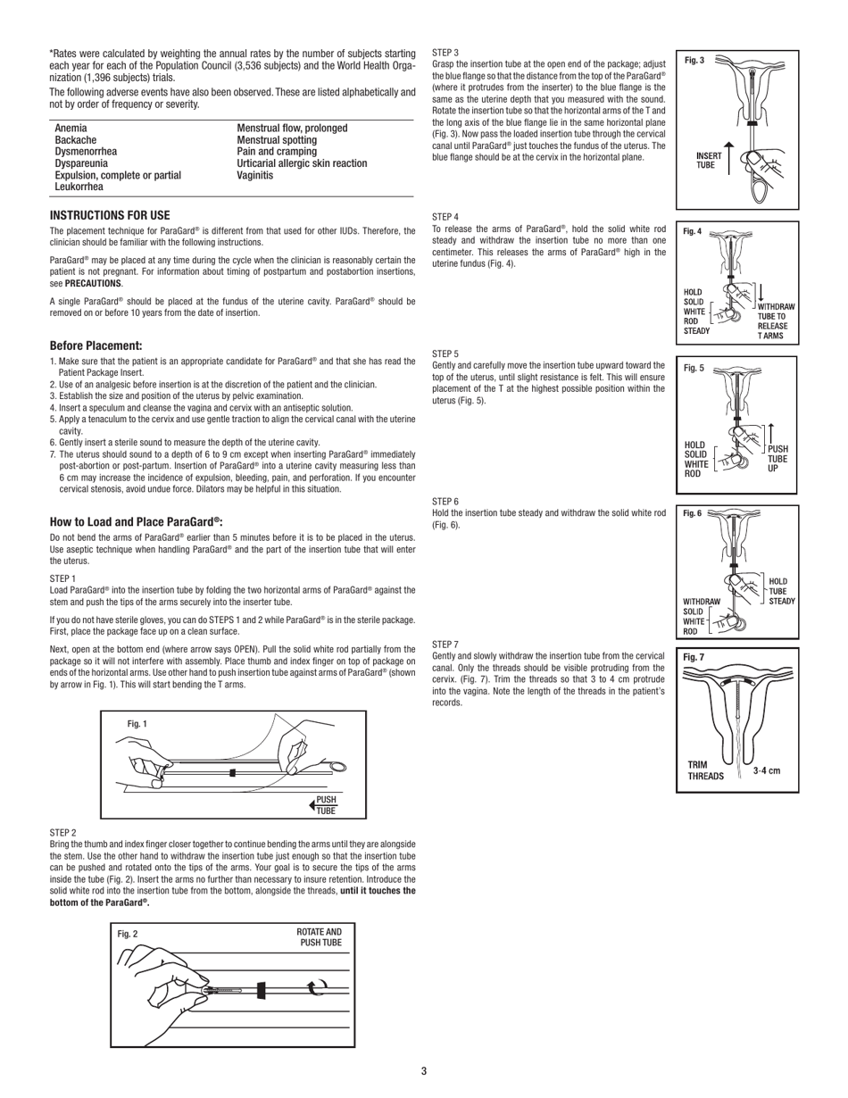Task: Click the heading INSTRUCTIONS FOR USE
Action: [109, 215]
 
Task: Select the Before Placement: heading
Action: [96, 345]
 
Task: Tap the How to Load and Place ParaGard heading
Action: [136, 521]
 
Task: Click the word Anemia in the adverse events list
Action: [71, 129]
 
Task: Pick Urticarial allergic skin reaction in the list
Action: [302, 163]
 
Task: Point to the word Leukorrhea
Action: [79, 187]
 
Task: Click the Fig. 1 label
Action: [138, 724]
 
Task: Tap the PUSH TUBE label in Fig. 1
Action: [326, 805]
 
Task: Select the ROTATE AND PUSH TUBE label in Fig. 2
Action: [319, 936]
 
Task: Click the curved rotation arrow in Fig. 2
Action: [316, 987]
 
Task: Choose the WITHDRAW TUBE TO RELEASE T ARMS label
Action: [776, 320]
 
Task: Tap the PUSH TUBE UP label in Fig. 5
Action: [777, 458]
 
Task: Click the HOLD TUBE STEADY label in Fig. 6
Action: [781, 591]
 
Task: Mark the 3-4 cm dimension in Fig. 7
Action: [767, 769]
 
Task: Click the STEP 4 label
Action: [445, 217]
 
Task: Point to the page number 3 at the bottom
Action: [424, 1071]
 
